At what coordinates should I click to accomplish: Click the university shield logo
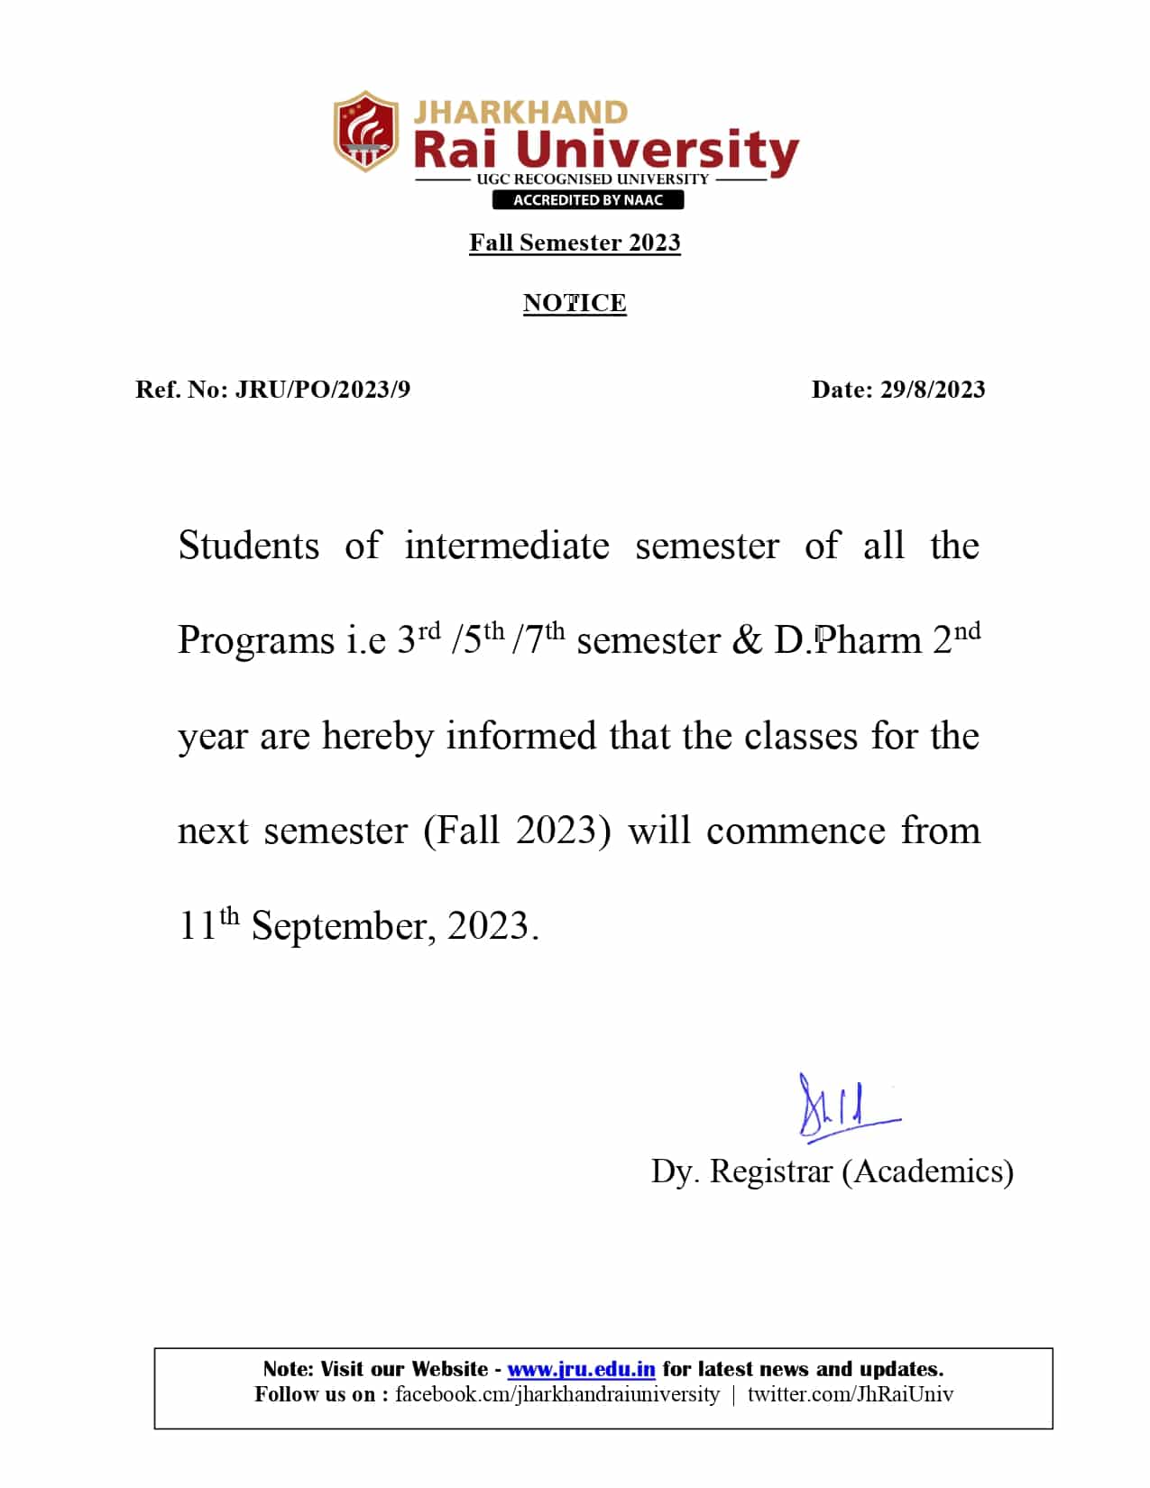364,131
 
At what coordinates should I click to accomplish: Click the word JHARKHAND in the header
520,113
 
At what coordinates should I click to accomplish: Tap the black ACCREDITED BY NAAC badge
587,200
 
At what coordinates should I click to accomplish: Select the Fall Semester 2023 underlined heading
575,243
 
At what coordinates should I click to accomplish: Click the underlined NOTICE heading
575,303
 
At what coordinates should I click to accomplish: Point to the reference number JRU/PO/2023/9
322,390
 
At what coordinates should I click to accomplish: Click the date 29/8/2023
933,390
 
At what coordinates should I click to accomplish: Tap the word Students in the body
249,547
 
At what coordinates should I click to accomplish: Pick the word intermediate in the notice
506,547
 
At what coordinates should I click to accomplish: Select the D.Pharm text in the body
848,641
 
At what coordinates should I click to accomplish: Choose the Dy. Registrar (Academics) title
833,1171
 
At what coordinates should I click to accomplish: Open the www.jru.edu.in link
581,1369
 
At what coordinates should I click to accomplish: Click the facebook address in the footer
557,1394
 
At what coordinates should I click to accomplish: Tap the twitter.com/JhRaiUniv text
850,1394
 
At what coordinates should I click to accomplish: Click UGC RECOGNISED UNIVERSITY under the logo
593,179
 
